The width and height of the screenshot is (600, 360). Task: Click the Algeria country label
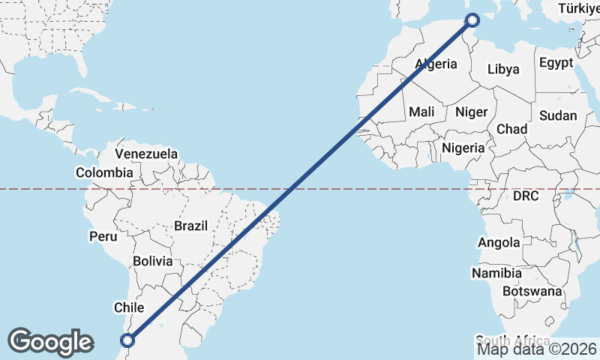tap(436, 64)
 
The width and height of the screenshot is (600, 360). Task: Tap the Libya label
tap(503, 69)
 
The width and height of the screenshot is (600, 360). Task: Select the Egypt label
tap(556, 62)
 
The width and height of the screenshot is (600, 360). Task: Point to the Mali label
tap(421, 112)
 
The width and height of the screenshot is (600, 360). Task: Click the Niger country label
tap(472, 112)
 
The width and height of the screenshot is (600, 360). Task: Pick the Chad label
tap(511, 129)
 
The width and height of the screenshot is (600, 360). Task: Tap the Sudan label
tap(558, 115)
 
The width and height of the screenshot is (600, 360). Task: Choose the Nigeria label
tap(463, 148)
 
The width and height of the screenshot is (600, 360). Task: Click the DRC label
tap(526, 196)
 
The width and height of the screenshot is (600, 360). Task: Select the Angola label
tap(499, 242)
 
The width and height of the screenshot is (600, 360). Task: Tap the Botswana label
tap(532, 290)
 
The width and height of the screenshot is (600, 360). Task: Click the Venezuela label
tap(146, 154)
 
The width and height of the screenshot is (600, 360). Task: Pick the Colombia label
tap(103, 172)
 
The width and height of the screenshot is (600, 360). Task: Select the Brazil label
tap(190, 225)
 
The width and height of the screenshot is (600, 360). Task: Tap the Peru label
tap(103, 236)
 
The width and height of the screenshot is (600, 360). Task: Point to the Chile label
tap(128, 307)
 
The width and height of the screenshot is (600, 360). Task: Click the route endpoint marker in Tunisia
tap(472, 19)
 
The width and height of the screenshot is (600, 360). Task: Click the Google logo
tap(50, 342)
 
